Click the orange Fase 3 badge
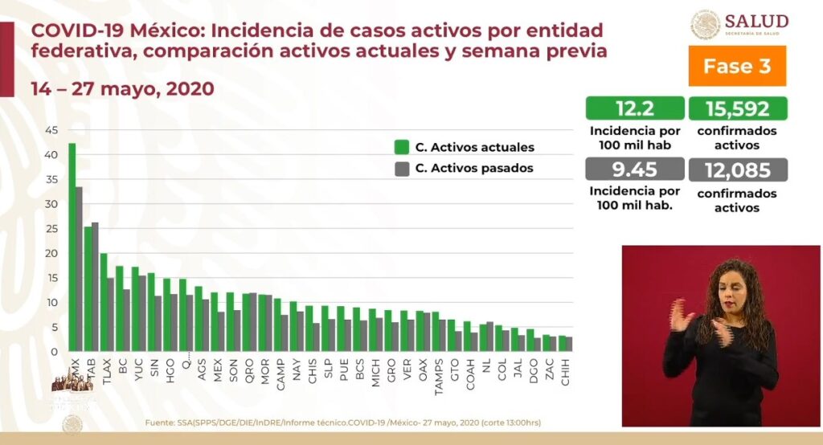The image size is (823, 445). coord(737,66)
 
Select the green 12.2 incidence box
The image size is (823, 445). coord(634,108)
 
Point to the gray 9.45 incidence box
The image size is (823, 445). coord(634,170)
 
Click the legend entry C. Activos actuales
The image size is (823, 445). coord(474,147)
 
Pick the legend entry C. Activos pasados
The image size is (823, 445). coord(474,168)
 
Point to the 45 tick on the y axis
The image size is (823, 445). coord(52,130)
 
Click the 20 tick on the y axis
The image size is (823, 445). coord(52,253)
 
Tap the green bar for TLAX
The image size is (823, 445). coord(103,302)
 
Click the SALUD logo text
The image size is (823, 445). coord(755,22)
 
